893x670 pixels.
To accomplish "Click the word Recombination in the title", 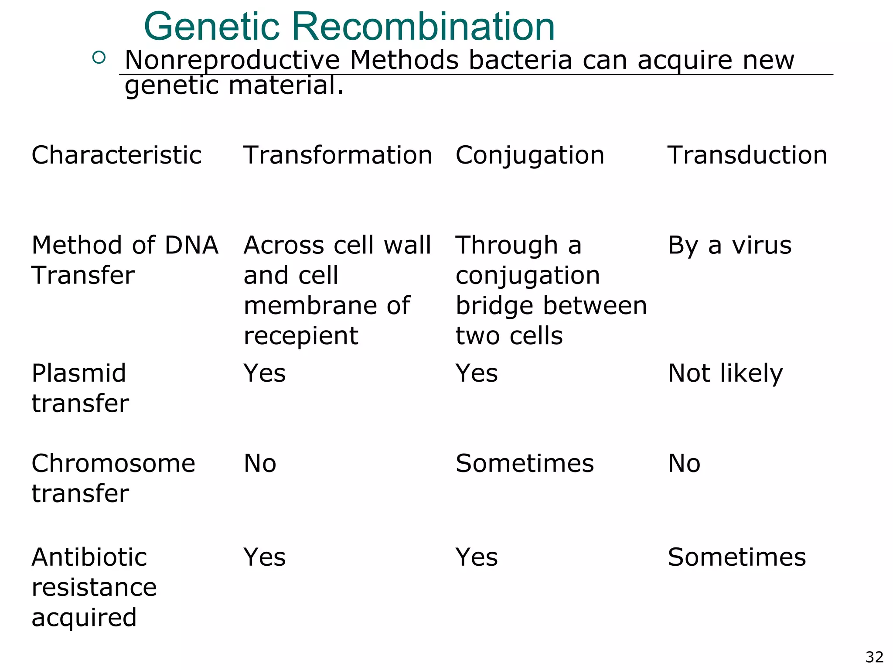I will (423, 27).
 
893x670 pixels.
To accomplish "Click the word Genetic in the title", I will (211, 27).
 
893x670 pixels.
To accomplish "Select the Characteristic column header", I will (116, 155).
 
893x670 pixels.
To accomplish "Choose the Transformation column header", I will (337, 155).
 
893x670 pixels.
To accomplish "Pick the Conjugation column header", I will (530, 155).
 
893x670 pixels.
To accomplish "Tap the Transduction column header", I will (747, 155).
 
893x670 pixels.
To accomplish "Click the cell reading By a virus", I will (729, 245).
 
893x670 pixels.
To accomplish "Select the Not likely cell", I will (725, 374).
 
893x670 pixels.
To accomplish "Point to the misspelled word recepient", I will (301, 336).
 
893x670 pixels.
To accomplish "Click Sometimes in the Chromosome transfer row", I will (525, 463).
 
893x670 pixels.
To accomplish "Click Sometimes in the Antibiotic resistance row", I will (737, 557).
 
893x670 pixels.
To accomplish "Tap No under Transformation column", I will (260, 463).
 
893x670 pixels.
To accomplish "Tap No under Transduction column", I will (684, 463).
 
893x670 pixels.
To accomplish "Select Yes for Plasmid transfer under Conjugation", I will (477, 374).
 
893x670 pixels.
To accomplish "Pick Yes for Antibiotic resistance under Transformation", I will (265, 557).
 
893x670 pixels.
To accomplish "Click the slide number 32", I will (874, 657).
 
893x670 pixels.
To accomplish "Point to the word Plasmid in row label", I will (79, 374).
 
